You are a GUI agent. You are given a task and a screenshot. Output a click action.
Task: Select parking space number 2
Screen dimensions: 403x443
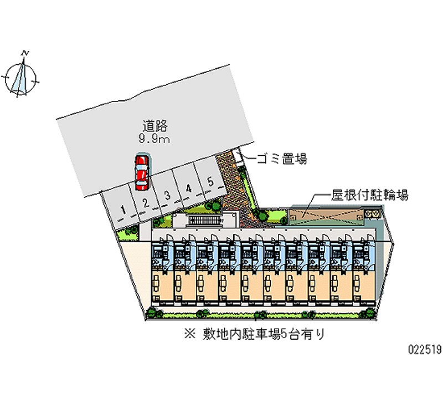coord(145,202)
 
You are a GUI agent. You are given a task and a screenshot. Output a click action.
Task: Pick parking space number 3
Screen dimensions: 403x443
coord(167,195)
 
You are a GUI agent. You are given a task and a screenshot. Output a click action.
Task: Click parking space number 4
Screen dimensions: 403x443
coord(188,188)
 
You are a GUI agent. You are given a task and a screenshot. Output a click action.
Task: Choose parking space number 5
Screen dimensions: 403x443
coord(210,181)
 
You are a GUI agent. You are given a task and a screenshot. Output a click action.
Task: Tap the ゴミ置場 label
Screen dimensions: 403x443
coord(281,160)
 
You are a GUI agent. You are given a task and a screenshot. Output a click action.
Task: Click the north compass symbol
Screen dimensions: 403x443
coord(22,78)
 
